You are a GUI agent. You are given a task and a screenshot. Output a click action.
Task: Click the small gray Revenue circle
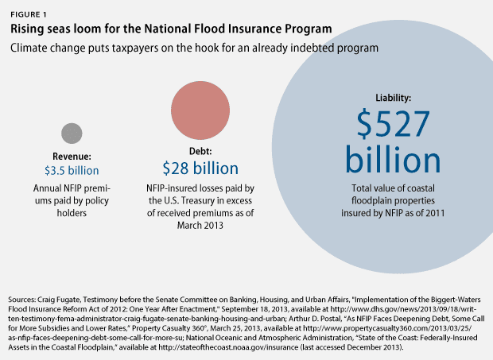tap(72, 134)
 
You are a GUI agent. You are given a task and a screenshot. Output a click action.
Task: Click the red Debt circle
tap(200, 110)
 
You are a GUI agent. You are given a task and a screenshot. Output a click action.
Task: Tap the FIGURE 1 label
tap(29, 14)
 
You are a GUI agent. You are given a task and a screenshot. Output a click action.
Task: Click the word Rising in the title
tap(27, 29)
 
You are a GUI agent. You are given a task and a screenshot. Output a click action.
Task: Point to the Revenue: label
tap(72, 156)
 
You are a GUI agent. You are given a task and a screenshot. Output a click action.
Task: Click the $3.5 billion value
tap(72, 171)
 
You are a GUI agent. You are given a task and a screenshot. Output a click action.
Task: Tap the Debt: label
tap(200, 151)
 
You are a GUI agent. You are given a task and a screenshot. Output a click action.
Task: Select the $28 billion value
tap(200, 168)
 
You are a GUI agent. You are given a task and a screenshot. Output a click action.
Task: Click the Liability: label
tap(393, 98)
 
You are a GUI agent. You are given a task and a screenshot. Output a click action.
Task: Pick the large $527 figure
tap(393, 123)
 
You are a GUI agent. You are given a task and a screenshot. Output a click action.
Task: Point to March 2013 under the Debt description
tap(200, 225)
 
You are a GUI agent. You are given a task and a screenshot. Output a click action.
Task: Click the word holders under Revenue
tap(72, 213)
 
